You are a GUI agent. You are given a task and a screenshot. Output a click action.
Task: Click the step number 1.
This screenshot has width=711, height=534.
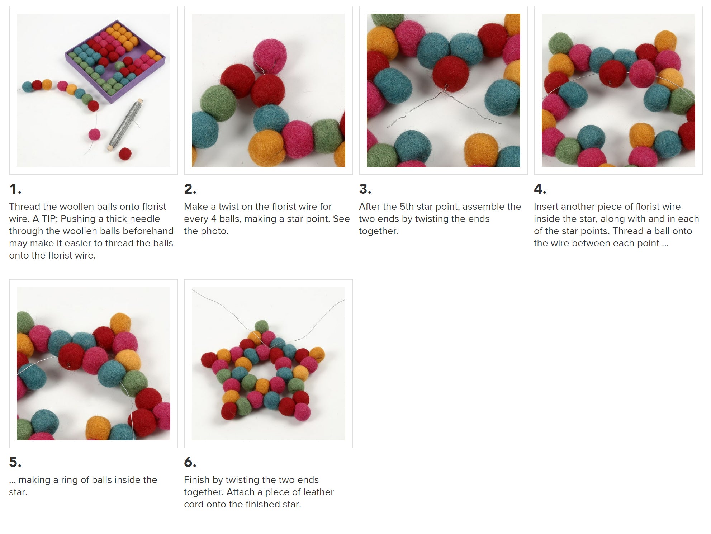click(15, 189)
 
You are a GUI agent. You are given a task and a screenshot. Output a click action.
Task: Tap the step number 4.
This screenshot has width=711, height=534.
click(540, 189)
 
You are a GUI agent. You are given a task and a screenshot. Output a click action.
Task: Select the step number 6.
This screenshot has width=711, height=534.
click(190, 462)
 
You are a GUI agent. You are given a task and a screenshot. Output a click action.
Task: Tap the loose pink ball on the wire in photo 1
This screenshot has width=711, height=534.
click(95, 134)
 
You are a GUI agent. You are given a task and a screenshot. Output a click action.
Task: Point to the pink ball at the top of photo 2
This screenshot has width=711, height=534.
click(270, 56)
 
